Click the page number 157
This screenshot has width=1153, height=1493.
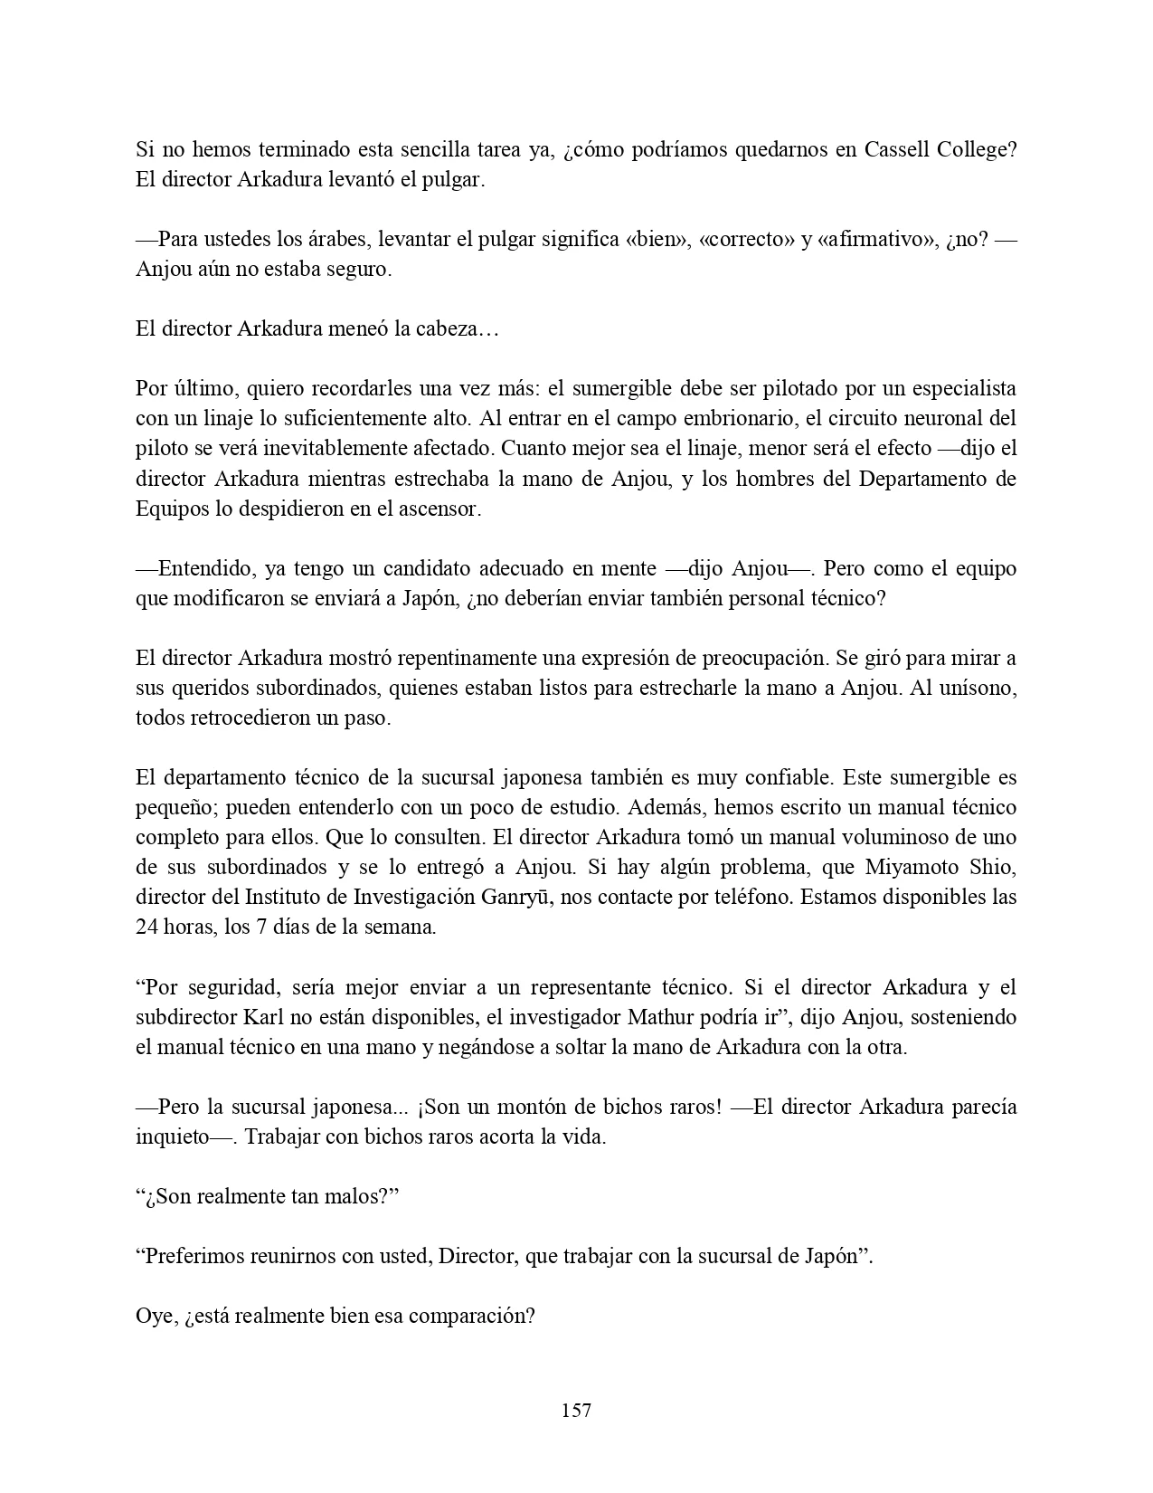click(x=576, y=1410)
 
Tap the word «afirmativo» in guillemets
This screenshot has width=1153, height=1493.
click(x=881, y=240)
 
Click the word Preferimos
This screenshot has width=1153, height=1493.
click(x=193, y=1256)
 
